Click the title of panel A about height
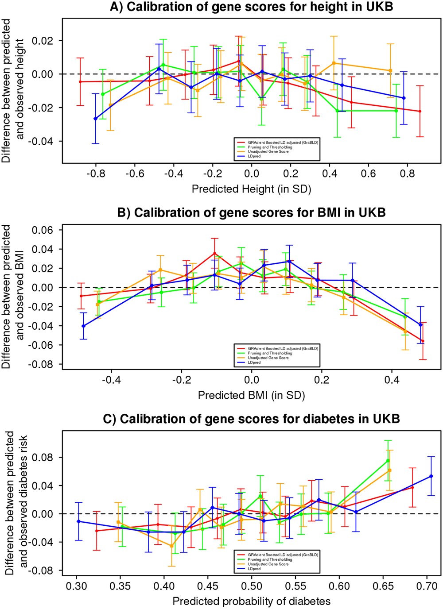(251, 7)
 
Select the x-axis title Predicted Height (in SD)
(251, 189)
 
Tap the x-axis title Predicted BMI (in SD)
(251, 395)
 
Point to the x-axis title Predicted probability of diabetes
(251, 601)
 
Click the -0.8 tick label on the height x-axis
(95, 174)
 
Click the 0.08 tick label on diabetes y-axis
(43, 457)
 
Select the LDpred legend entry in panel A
(254, 156)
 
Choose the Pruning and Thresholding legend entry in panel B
(270, 353)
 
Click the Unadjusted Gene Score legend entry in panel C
(268, 564)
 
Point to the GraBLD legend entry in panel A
(283, 143)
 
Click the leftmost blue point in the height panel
(95, 119)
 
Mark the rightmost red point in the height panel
(420, 112)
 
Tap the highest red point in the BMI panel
(214, 254)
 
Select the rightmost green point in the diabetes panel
(388, 460)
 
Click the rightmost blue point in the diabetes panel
(431, 476)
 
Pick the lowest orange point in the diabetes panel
(171, 546)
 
